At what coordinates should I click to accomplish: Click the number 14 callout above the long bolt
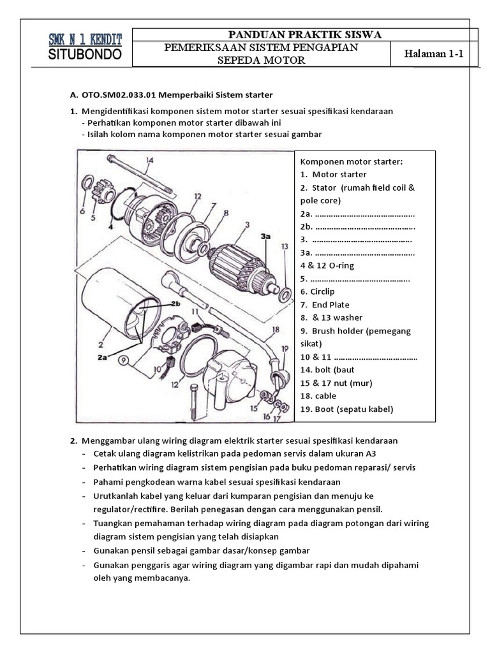pyautogui.click(x=149, y=161)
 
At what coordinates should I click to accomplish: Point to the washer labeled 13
pyautogui.click(x=285, y=293)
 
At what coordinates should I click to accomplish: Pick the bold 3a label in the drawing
pyautogui.click(x=266, y=237)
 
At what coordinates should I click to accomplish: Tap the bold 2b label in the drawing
pyautogui.click(x=175, y=304)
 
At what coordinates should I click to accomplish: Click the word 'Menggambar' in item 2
pyautogui.click(x=105, y=441)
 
